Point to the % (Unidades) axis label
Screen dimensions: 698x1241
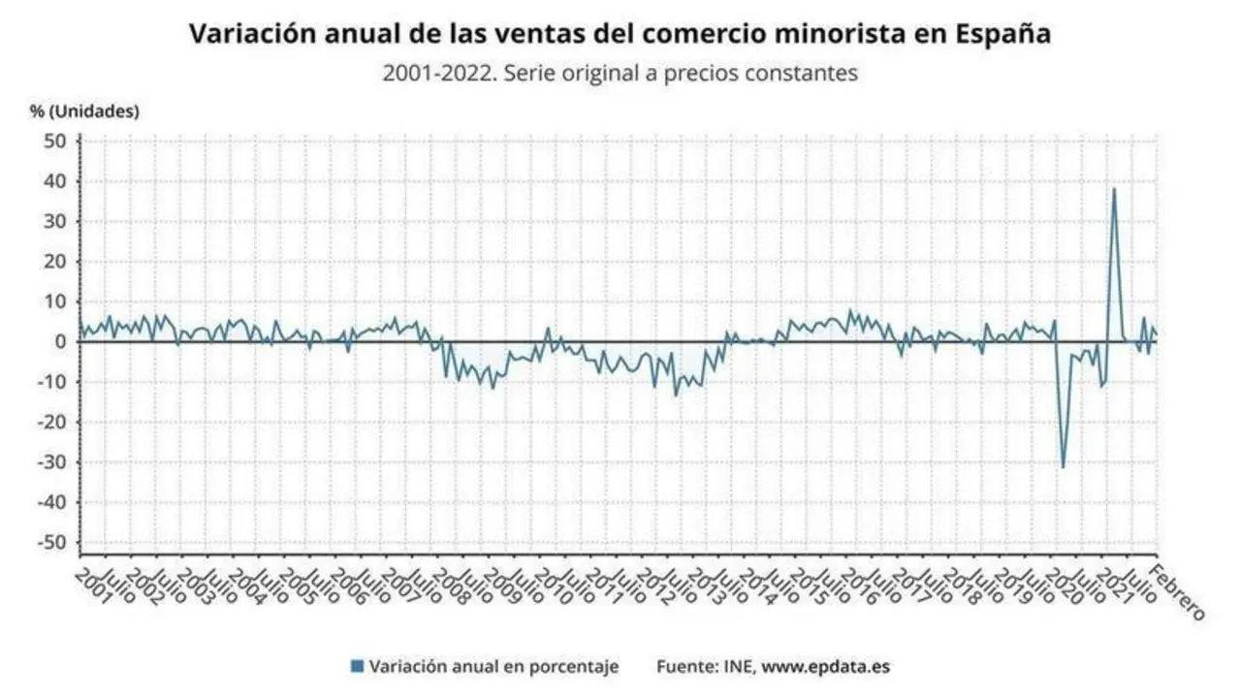tap(84, 111)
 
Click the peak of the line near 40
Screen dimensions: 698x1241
tap(1113, 189)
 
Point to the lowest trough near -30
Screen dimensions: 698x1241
tap(1063, 467)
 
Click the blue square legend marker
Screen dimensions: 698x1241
tap(357, 666)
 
